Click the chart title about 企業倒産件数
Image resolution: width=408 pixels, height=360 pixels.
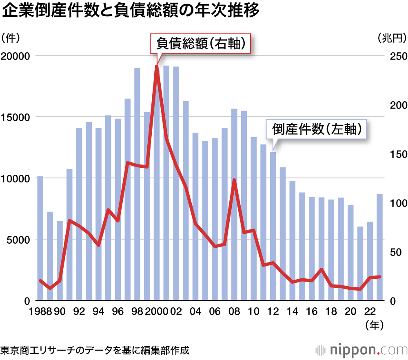pyautogui.click(x=131, y=11)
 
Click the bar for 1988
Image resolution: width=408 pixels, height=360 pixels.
pyautogui.click(x=40, y=238)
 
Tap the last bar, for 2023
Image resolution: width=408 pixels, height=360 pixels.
pyautogui.click(x=379, y=247)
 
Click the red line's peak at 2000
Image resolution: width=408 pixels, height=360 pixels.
pyautogui.click(x=156, y=66)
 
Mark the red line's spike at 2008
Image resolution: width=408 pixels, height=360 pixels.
pyautogui.click(x=234, y=180)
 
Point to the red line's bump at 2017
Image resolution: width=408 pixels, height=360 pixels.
pyautogui.click(x=322, y=269)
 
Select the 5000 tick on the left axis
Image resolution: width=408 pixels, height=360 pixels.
pyautogui.click(x=17, y=240)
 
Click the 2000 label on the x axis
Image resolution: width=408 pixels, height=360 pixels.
pyautogui.click(x=156, y=311)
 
